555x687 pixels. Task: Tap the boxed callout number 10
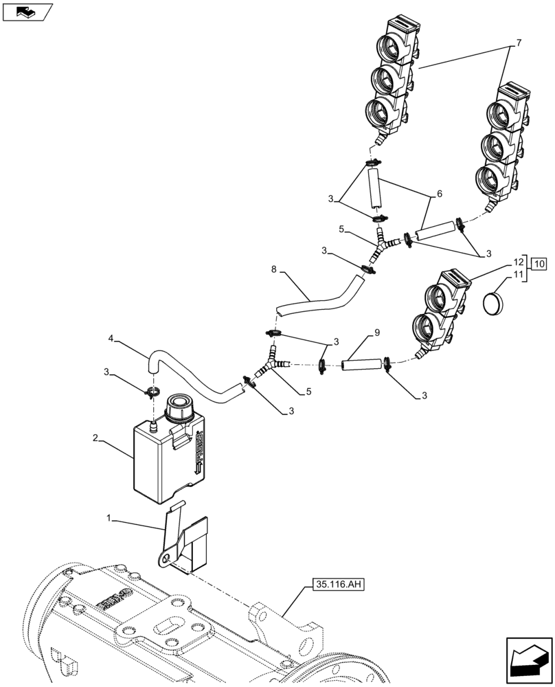point(537,264)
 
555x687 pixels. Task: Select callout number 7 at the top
point(518,43)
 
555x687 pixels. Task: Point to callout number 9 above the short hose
point(377,333)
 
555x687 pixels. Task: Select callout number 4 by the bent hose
point(111,337)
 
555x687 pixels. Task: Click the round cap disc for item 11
point(497,304)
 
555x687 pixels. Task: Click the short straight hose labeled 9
point(361,363)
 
